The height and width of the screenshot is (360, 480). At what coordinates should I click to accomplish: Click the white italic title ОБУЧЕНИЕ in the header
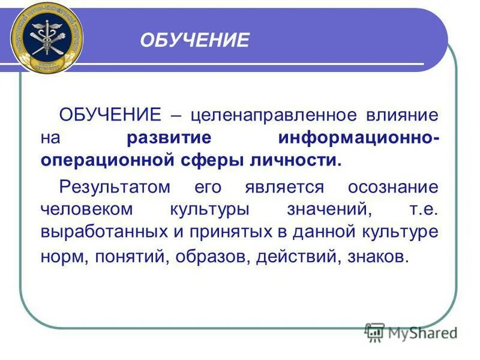[x=194, y=40]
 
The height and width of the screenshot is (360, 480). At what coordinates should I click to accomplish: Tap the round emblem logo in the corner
[x=46, y=37]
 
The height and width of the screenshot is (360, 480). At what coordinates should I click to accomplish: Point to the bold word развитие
[x=169, y=138]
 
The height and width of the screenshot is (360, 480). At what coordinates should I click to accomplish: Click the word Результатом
[x=115, y=187]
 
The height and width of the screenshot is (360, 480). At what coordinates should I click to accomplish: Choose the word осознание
[x=393, y=187]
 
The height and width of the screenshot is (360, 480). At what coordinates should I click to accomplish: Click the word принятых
[x=215, y=233]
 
